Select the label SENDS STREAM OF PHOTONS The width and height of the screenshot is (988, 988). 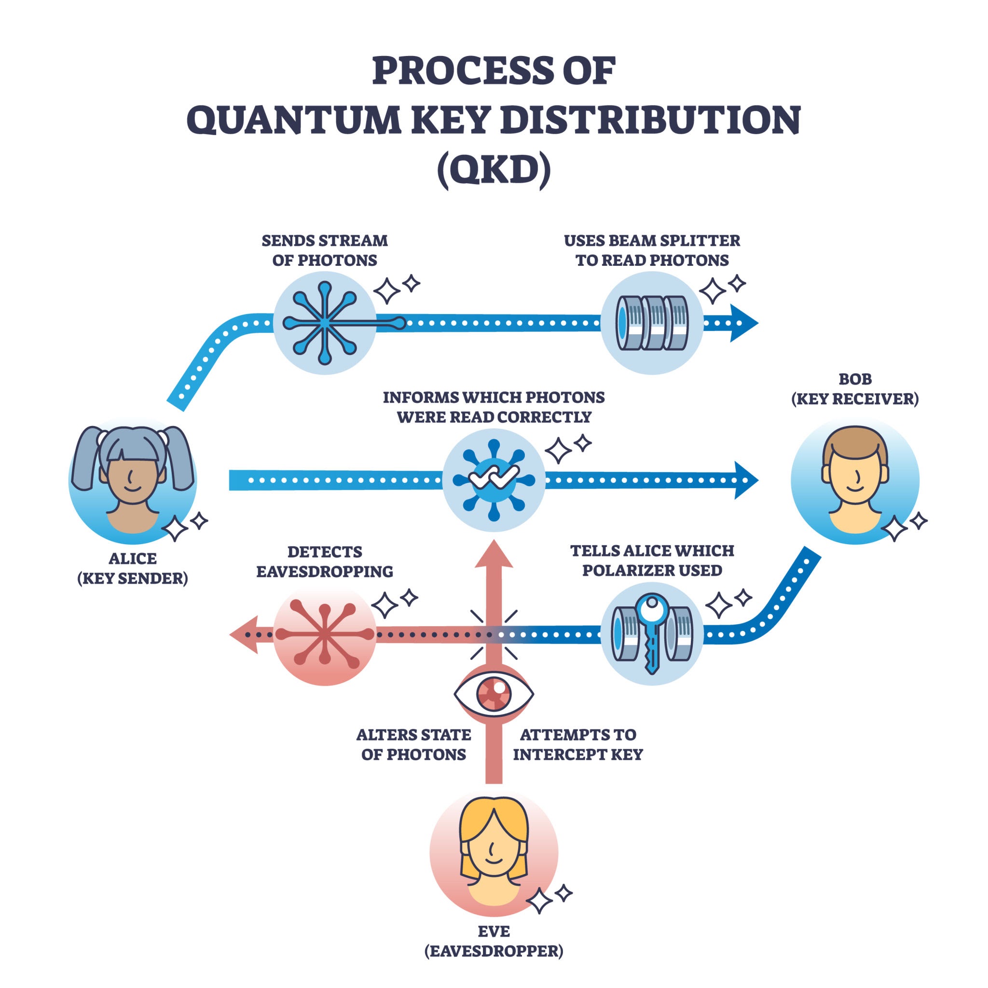point(324,250)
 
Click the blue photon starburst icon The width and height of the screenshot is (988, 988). point(325,323)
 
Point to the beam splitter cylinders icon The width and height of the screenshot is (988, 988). point(652,323)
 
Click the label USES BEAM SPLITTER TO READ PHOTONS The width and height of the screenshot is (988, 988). point(652,250)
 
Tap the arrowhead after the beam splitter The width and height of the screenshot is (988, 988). point(742,323)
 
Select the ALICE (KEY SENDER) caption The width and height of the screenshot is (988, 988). point(133,568)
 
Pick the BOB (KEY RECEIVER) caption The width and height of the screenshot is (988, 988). point(854,389)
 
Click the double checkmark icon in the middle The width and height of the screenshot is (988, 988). point(494,477)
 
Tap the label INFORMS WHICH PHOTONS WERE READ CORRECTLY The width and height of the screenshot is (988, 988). point(494,407)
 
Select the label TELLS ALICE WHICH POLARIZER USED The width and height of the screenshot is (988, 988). point(652,561)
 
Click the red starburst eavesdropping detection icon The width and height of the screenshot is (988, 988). point(324,634)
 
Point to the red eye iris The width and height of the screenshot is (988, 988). point(494,694)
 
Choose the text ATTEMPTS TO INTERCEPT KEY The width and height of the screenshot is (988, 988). point(578,744)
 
